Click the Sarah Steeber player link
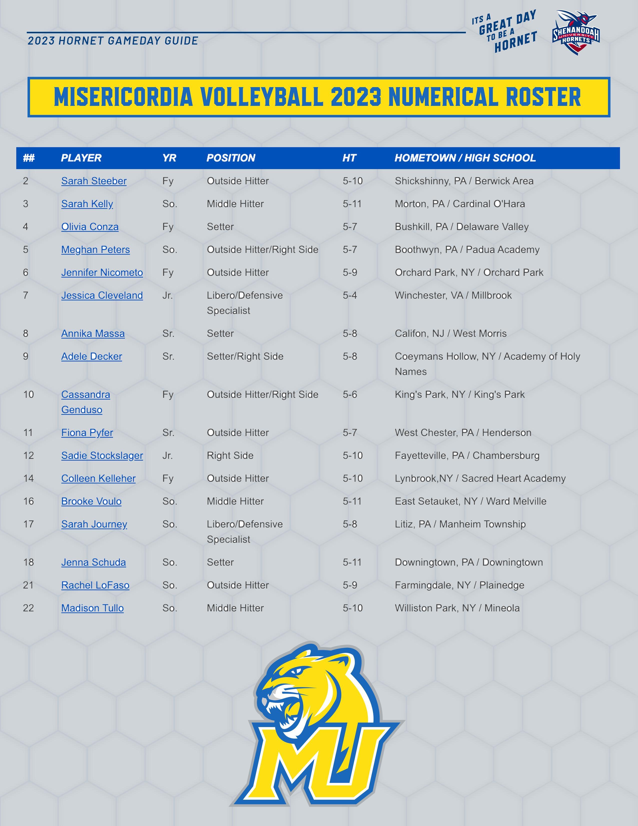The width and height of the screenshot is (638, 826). coord(94,181)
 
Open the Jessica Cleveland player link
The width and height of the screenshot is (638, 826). coord(102,295)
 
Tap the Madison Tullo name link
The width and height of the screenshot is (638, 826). coord(92,608)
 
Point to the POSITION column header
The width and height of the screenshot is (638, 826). coord(231,158)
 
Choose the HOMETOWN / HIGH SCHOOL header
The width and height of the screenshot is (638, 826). coord(465,158)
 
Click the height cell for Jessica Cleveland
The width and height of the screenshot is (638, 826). coord(350,295)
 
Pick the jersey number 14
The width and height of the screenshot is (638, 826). coord(28,478)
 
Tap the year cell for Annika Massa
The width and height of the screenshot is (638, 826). coord(168,334)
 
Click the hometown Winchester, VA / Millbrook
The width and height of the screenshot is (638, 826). coord(453,295)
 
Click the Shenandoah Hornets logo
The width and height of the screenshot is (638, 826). coord(576,33)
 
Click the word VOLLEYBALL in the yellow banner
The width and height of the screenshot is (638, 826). coord(261,97)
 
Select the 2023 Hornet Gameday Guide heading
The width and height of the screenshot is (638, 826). coord(113,41)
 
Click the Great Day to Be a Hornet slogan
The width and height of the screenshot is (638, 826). coord(504,32)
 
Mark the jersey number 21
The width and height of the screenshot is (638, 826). coord(28,585)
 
